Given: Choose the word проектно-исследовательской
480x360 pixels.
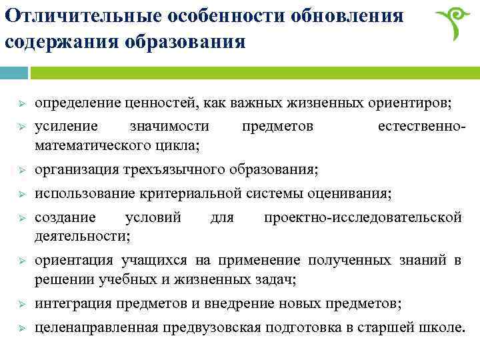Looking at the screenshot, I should tap(363, 218).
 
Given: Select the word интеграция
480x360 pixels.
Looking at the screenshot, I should tap(73, 303).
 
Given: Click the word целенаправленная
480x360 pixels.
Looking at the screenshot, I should tap(97, 327).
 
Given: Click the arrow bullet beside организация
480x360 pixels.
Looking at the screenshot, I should tap(21, 170).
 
